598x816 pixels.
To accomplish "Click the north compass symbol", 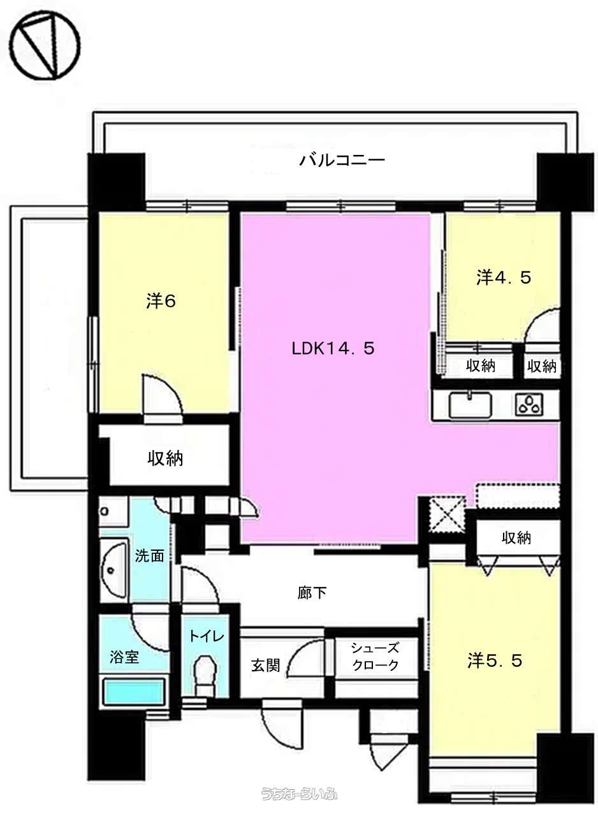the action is [x=44, y=45].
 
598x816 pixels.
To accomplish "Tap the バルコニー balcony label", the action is [x=342, y=160].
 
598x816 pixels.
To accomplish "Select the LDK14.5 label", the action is [x=333, y=349].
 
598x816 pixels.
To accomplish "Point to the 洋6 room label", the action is [x=161, y=302].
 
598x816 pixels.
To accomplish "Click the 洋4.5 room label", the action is [x=503, y=277].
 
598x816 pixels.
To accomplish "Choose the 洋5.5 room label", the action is [x=495, y=660].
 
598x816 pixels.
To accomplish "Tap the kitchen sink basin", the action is [x=470, y=405].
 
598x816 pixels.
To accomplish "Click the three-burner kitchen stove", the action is [x=529, y=405].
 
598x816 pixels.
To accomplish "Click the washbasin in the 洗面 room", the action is [x=114, y=569].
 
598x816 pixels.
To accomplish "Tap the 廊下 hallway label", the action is [x=312, y=593].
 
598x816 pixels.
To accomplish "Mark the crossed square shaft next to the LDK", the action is [x=446, y=514].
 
